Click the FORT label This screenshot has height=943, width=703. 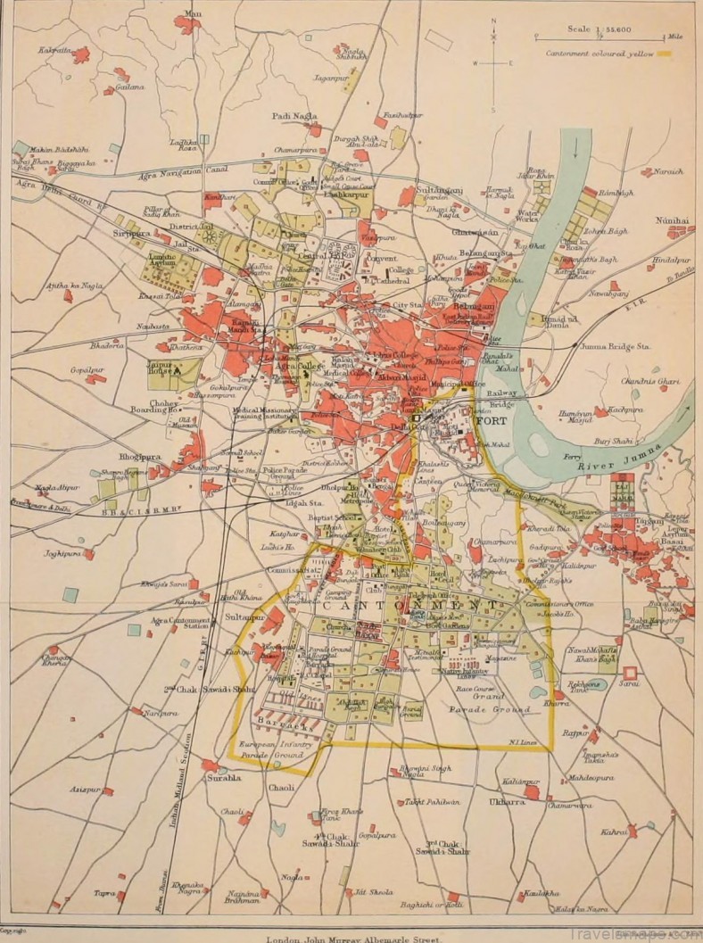492,420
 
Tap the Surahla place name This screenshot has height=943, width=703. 224,777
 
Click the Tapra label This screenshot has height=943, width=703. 104,892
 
